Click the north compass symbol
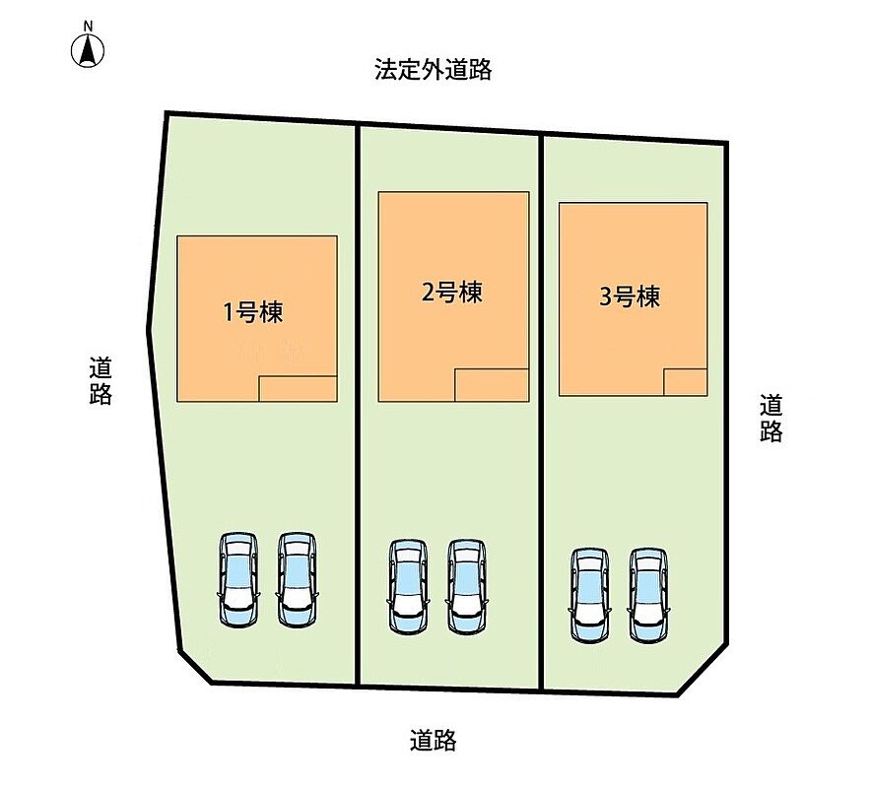click(x=88, y=50)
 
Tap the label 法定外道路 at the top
click(x=433, y=70)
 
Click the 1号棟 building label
click(x=253, y=312)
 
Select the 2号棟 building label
click(x=451, y=292)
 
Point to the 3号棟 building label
click(x=630, y=296)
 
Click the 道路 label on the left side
click(x=101, y=381)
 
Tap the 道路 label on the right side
click(x=771, y=418)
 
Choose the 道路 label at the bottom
click(x=434, y=740)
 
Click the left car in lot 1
click(x=238, y=579)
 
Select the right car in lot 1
click(x=298, y=579)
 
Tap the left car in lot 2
click(x=409, y=586)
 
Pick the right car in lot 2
click(x=467, y=586)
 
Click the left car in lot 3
click(x=590, y=596)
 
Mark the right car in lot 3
click(x=648, y=596)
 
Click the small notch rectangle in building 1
click(x=299, y=389)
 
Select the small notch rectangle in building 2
click(x=492, y=385)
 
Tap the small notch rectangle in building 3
click(x=686, y=382)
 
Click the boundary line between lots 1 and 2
click(x=358, y=404)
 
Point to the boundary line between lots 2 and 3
click(x=541, y=412)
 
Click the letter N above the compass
click(x=88, y=26)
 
